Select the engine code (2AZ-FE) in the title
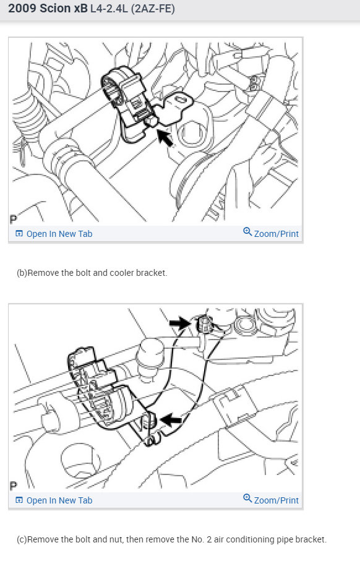coord(152,11)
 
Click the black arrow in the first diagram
coord(164,137)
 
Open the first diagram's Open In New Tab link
coord(59,234)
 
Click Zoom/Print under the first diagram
coord(276,234)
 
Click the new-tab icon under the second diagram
coord(19,500)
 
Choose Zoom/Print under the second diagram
coord(276,500)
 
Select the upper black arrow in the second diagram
coord(180,322)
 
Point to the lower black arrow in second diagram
coord(171,420)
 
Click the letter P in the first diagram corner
coord(13,219)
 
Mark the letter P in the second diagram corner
coord(13,486)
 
